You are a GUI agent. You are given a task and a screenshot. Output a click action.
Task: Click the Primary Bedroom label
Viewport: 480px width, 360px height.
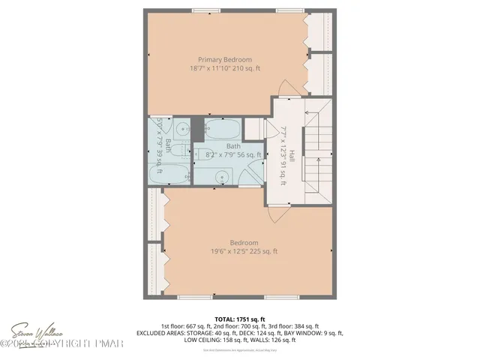tap(224, 59)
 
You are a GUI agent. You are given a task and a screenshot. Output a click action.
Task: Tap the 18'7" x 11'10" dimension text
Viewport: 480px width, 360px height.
tap(224, 68)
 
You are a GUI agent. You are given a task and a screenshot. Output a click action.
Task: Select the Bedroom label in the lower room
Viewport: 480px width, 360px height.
tap(244, 242)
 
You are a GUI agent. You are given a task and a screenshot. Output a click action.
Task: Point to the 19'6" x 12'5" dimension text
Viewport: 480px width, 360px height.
tap(244, 251)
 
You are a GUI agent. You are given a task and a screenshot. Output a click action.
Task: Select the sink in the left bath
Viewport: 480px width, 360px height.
tap(166, 127)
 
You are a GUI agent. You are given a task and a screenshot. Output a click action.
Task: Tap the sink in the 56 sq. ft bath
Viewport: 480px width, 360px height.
tap(223, 177)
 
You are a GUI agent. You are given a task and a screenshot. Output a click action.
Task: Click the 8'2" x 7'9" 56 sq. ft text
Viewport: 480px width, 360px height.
tap(234, 154)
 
